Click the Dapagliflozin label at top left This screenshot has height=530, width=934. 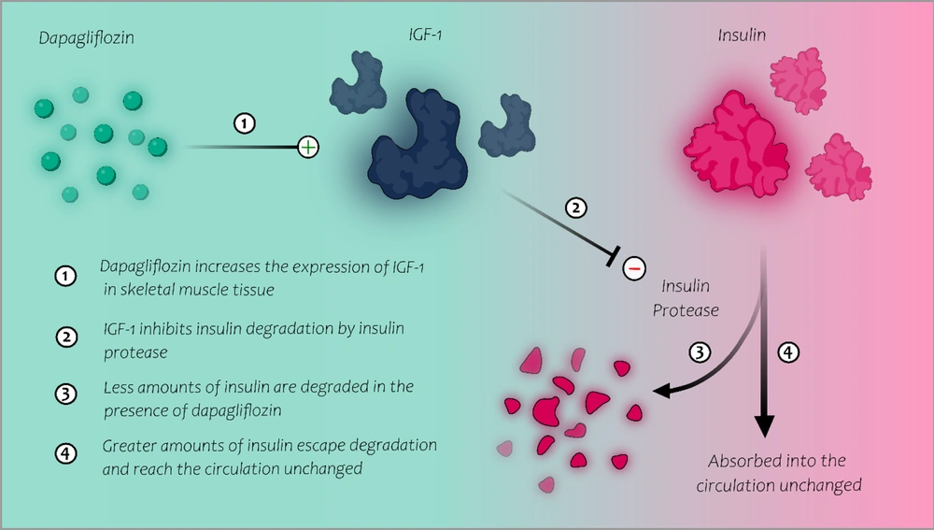point(86,38)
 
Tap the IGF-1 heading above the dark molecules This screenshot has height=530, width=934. point(425,35)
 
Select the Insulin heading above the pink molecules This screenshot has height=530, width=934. point(742,36)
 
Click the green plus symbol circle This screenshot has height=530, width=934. point(308,147)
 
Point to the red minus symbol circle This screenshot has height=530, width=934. point(634,269)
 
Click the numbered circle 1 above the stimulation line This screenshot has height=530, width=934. point(244,123)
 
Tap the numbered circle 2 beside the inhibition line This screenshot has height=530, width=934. point(575,208)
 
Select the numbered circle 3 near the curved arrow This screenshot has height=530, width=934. point(700,352)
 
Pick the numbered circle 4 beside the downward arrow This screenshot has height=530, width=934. point(788,352)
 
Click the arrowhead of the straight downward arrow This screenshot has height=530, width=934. point(764,425)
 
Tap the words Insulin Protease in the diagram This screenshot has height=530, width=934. point(686,298)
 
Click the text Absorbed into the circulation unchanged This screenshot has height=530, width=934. point(779,473)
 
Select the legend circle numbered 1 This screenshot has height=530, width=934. point(65,276)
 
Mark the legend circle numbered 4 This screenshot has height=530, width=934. point(65,453)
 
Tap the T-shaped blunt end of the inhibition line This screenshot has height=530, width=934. point(614,256)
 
